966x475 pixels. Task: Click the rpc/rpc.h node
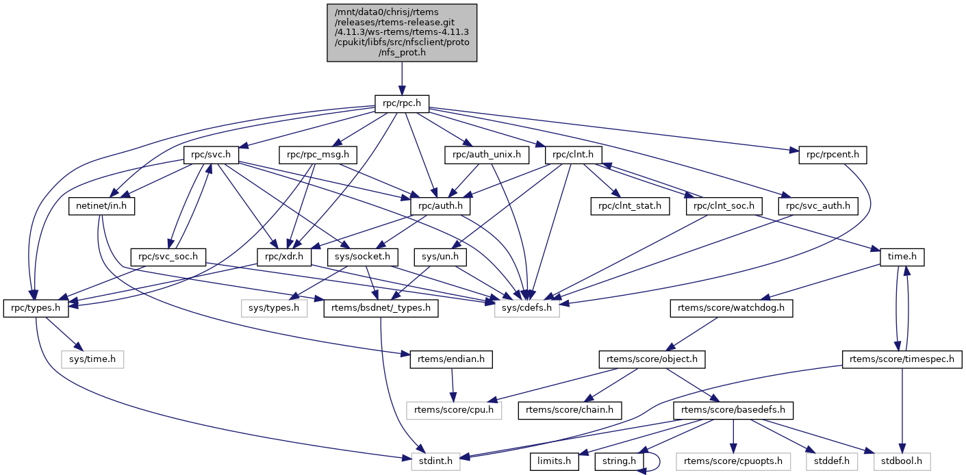pos(402,105)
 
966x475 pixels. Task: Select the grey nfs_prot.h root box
pos(402,33)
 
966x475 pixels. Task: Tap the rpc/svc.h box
pos(211,155)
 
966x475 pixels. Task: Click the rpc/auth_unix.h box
pos(487,155)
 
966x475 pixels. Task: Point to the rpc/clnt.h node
pos(574,155)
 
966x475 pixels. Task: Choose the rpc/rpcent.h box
pos(832,155)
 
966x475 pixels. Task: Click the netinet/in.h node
pos(101,205)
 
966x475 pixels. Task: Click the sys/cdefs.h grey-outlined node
pos(527,309)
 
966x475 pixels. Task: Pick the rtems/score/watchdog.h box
pos(731,309)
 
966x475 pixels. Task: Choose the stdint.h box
pos(436,461)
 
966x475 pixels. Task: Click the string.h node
pos(619,461)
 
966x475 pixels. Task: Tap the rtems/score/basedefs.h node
pos(733,411)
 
